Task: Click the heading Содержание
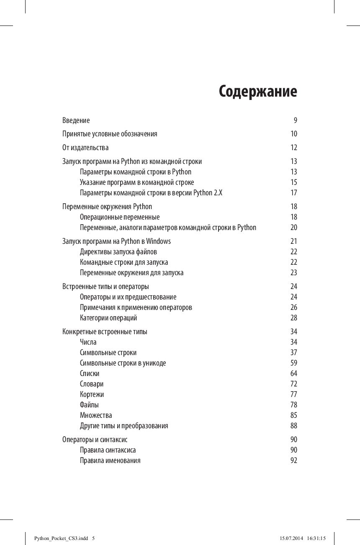click(x=258, y=92)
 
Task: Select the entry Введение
click(x=76, y=120)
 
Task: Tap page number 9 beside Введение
click(x=295, y=120)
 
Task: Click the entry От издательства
click(x=85, y=148)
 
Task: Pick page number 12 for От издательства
click(x=294, y=148)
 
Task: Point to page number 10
click(x=294, y=134)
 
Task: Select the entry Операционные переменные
click(x=120, y=217)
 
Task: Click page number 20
click(x=294, y=228)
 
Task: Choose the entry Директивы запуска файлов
click(x=118, y=252)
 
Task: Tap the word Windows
click(x=158, y=241)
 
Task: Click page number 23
click(x=294, y=273)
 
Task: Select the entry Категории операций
click(x=108, y=318)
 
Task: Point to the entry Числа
click(x=88, y=342)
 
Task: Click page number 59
click(x=294, y=363)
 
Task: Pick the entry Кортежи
click(x=92, y=394)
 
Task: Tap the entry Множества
click(x=96, y=415)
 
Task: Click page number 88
click(x=294, y=426)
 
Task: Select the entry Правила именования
click(x=110, y=461)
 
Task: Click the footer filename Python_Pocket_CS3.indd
click(x=61, y=538)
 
